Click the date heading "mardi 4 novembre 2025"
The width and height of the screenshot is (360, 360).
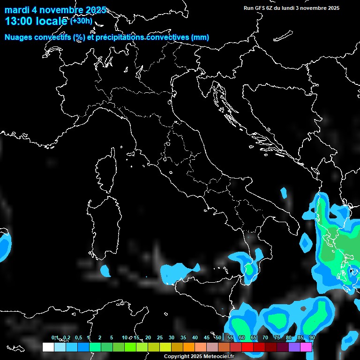click(x=55, y=10)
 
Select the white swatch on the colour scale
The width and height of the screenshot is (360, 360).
click(x=48, y=347)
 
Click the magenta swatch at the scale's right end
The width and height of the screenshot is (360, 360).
click(x=306, y=347)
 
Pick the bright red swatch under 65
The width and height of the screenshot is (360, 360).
click(x=247, y=347)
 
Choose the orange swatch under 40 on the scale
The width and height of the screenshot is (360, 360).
click(x=188, y=347)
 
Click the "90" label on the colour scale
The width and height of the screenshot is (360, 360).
click(x=312, y=338)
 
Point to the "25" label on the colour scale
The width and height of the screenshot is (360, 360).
click(x=159, y=338)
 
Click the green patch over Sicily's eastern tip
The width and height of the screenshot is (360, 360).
click(x=250, y=270)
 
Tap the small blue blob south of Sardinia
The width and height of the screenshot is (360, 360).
click(x=105, y=270)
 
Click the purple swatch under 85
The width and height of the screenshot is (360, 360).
click(x=294, y=347)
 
